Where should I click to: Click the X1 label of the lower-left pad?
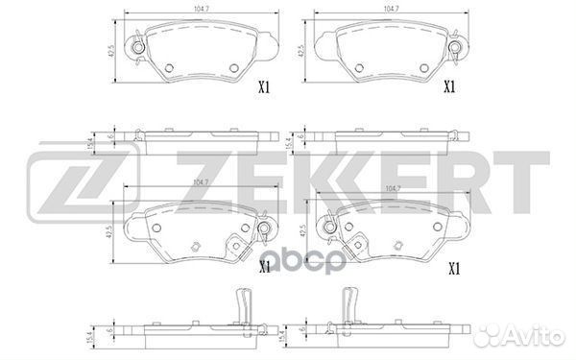(263, 268)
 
